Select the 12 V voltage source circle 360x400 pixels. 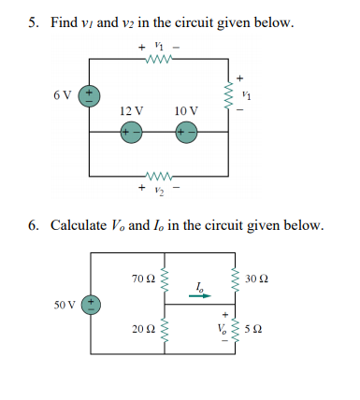(129, 133)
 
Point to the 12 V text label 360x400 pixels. (131, 110)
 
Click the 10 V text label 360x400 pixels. (186, 110)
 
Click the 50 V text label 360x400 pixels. (65, 304)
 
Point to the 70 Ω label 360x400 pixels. (141, 278)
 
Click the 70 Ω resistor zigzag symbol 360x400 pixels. (165, 278)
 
